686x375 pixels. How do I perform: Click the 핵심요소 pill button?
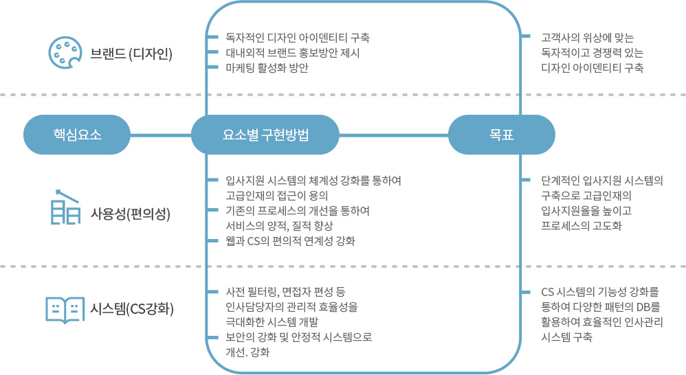[x=77, y=135]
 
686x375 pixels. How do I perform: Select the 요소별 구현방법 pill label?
[x=265, y=135]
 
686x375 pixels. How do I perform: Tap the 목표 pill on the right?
[x=502, y=135]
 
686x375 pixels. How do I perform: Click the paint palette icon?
[x=65, y=53]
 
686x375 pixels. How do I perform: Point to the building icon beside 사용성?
[x=65, y=207]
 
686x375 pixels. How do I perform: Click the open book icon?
[x=65, y=310]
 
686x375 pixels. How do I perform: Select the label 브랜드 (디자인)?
[x=131, y=54]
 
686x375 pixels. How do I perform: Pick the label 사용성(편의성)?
[x=131, y=214]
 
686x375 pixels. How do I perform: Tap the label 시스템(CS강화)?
[x=132, y=309]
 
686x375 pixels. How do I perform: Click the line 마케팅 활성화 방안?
[x=267, y=68]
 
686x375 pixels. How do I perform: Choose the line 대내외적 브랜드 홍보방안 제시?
[x=293, y=53]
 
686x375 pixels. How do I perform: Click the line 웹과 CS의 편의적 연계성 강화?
[x=291, y=241]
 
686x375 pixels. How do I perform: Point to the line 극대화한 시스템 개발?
[x=272, y=322]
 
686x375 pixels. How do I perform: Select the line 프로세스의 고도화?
[x=582, y=226]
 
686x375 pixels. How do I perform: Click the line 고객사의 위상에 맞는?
[x=588, y=38]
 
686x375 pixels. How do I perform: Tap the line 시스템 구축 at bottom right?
[x=566, y=337]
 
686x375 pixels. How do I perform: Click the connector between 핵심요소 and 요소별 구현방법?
[x=161, y=135]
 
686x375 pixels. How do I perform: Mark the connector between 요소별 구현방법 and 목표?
[x=394, y=135]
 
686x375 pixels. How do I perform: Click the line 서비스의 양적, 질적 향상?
[x=279, y=226]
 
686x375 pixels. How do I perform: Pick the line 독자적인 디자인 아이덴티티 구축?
[x=298, y=38]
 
